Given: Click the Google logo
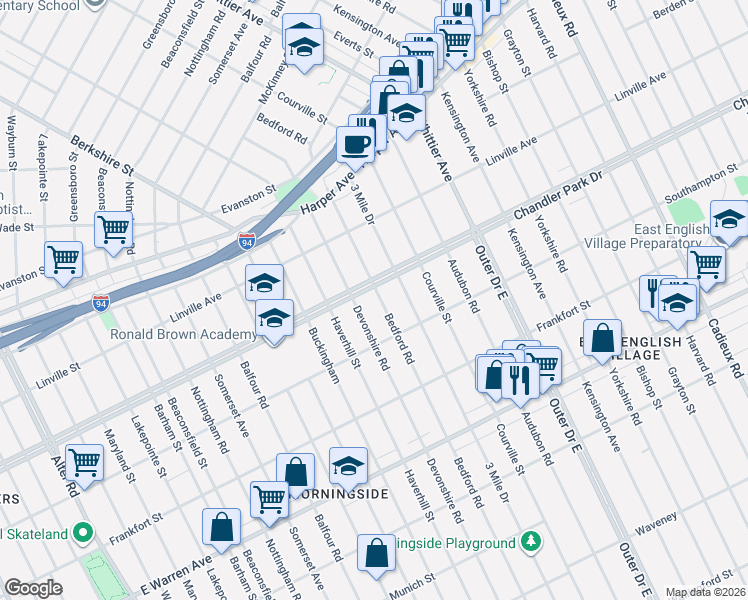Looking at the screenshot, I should coord(33,589).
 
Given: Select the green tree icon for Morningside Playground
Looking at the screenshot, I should coord(532,543).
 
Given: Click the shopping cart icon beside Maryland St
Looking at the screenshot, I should coord(85,461).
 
